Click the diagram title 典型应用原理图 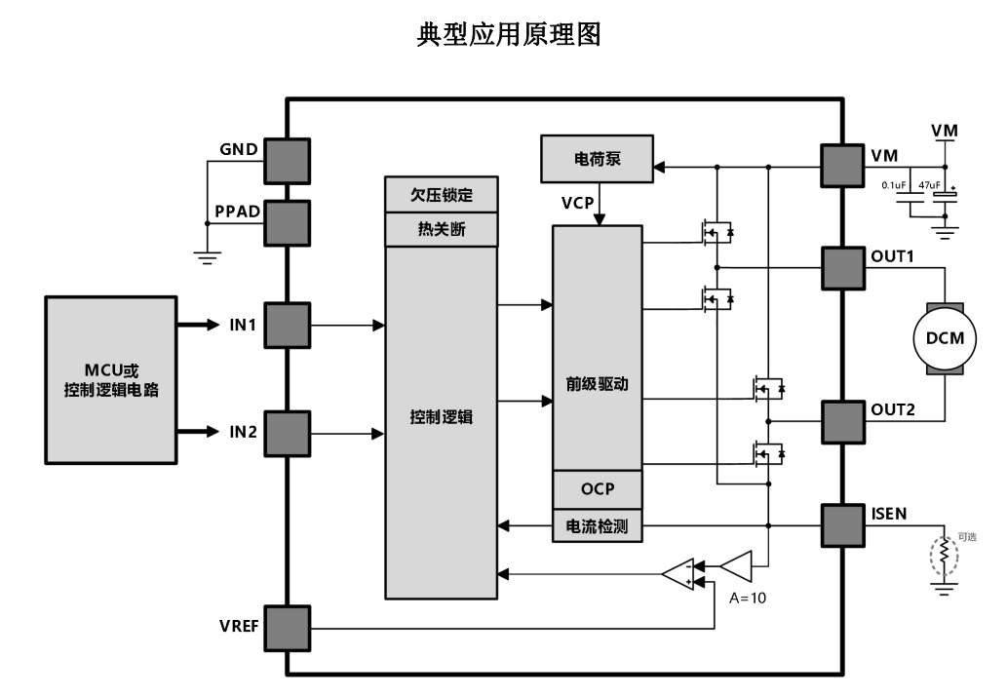[x=507, y=35]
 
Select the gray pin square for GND [x=287, y=161]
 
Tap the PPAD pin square [x=287, y=223]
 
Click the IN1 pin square [x=287, y=325]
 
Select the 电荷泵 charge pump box [x=598, y=159]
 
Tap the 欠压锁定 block [x=442, y=195]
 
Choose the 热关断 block [x=442, y=230]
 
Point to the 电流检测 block [x=598, y=526]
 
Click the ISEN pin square [x=843, y=526]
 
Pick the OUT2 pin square [x=843, y=421]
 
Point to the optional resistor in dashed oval [x=943, y=554]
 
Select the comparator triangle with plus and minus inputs [x=678, y=574]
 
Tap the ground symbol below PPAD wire [x=207, y=257]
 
